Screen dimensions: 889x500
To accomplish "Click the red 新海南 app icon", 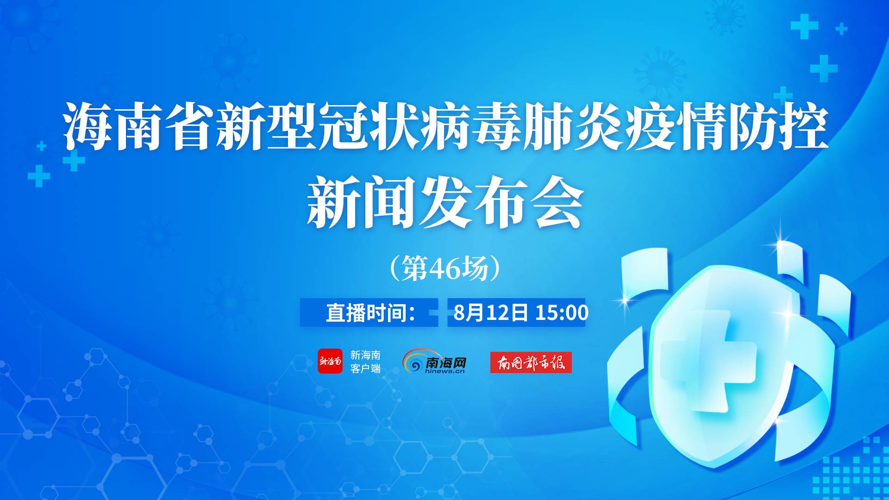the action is pyautogui.click(x=330, y=361).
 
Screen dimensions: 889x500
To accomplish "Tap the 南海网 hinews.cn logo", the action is pyautogui.click(x=434, y=361).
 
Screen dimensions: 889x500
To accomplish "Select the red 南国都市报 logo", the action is pyautogui.click(x=531, y=362).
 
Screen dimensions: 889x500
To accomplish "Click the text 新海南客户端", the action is pyautogui.click(x=365, y=362).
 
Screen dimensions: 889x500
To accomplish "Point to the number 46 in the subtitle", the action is pyautogui.click(x=444, y=269).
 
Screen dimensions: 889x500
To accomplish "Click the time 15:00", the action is pyautogui.click(x=562, y=312).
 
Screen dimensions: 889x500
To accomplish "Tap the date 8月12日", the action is pyautogui.click(x=490, y=312).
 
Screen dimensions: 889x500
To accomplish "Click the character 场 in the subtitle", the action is pyautogui.click(x=473, y=269).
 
